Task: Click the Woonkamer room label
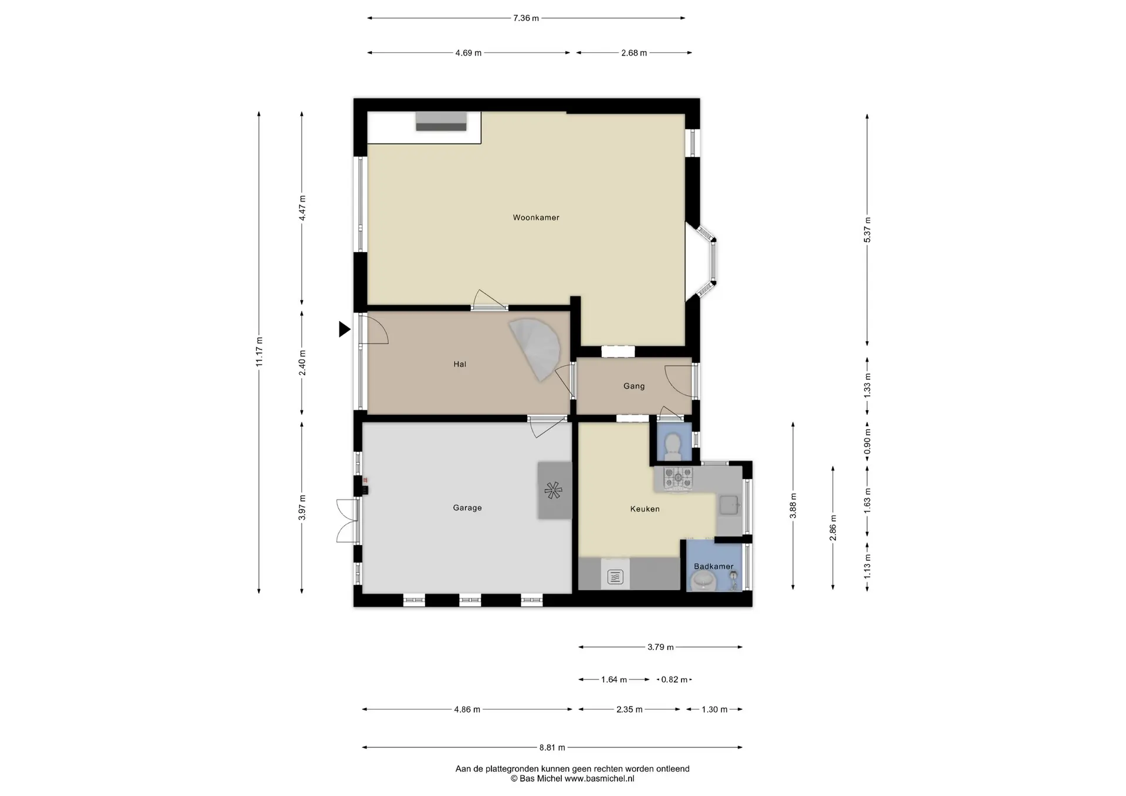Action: (536, 217)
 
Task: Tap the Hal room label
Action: (460, 364)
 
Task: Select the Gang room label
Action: (634, 386)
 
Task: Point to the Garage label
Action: (467, 508)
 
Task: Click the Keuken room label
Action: (645, 509)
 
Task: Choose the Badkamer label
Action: (714, 566)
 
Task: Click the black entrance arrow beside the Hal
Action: (345, 329)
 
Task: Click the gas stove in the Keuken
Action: (678, 478)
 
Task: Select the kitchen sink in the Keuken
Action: (729, 505)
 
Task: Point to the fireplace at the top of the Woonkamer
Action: (441, 121)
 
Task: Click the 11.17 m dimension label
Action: (259, 352)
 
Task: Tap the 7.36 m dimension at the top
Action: (526, 18)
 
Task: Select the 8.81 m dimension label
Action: (552, 747)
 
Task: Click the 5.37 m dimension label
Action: (867, 230)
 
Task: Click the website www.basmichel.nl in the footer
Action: (599, 779)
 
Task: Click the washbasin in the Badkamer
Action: (703, 581)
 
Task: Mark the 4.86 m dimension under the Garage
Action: (467, 709)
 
